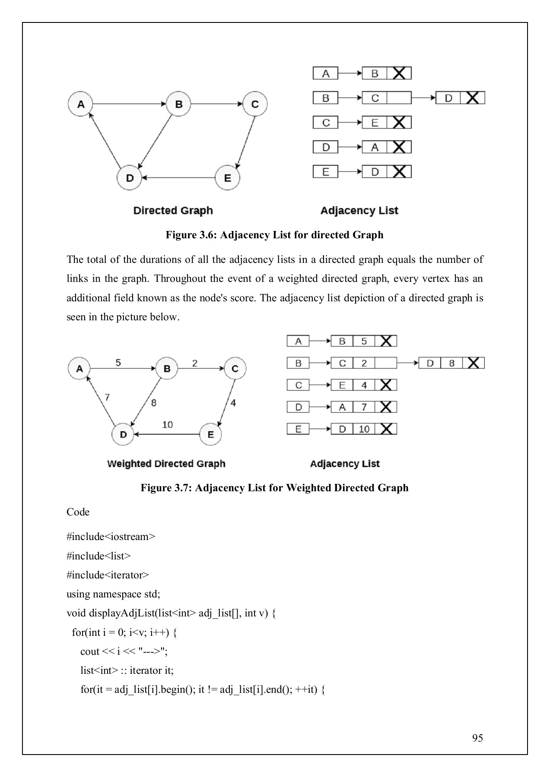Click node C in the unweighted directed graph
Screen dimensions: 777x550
click(x=255, y=104)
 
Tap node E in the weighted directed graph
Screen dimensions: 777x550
click(x=210, y=434)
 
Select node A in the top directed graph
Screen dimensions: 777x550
click(x=81, y=104)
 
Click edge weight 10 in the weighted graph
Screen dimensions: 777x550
click(x=167, y=424)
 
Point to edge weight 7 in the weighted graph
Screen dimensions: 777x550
click(x=107, y=397)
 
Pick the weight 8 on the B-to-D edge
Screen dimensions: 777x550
click(x=154, y=403)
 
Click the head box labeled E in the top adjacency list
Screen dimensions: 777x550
click(x=326, y=172)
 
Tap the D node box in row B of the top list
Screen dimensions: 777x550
click(x=448, y=98)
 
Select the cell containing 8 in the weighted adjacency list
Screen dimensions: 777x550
click(x=451, y=363)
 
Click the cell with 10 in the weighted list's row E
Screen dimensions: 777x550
click(x=364, y=429)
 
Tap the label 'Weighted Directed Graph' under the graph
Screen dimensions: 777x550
click(x=166, y=464)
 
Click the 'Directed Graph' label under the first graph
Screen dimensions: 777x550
click(x=173, y=211)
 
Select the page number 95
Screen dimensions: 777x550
click(x=477, y=738)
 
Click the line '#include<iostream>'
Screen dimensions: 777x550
click(x=111, y=537)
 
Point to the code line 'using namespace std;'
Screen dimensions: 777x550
click(x=113, y=594)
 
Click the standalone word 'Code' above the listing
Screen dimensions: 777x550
click(x=78, y=512)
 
